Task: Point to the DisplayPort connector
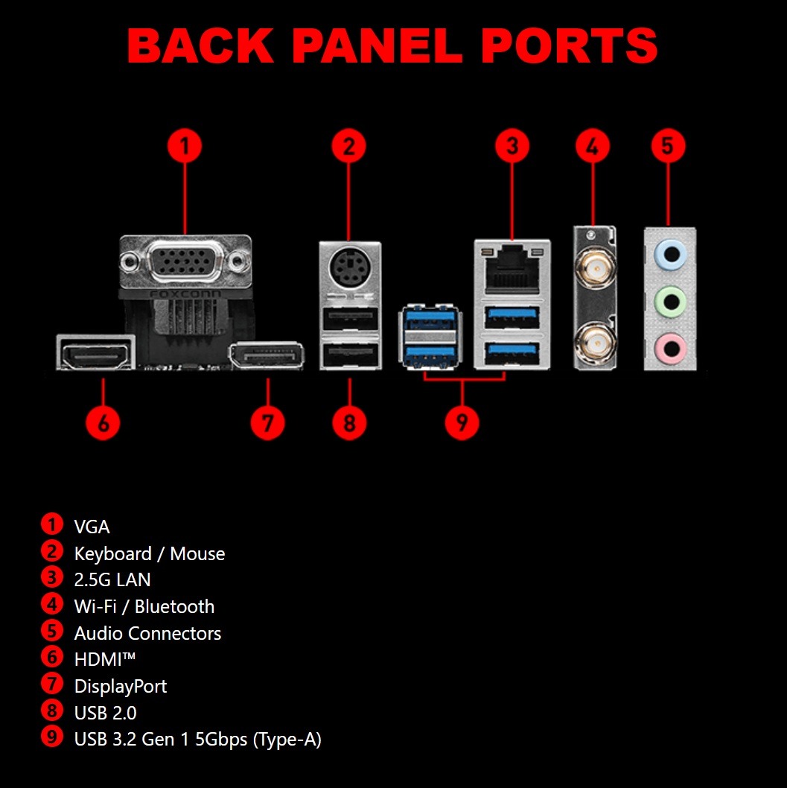265,355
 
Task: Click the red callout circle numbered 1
185,146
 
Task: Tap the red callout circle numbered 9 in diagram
462,422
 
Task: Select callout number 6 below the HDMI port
103,422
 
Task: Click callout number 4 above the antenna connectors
593,146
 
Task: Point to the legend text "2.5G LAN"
112,579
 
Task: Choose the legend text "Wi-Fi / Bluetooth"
144,606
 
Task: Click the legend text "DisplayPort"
121,686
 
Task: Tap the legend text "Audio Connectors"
147,633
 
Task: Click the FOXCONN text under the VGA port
185,293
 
